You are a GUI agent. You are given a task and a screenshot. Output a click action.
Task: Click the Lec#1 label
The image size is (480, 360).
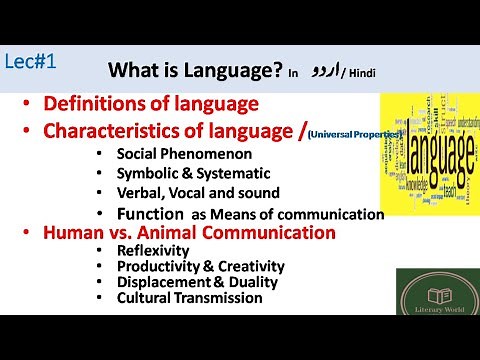point(29,60)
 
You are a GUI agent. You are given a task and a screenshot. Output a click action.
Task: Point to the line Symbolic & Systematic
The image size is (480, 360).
point(187,173)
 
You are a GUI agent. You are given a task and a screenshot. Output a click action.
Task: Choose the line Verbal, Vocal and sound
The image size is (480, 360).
point(196,192)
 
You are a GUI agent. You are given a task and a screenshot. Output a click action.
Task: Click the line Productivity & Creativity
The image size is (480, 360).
point(200,267)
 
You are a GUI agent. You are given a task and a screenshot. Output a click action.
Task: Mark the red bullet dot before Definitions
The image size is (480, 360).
point(27,104)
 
